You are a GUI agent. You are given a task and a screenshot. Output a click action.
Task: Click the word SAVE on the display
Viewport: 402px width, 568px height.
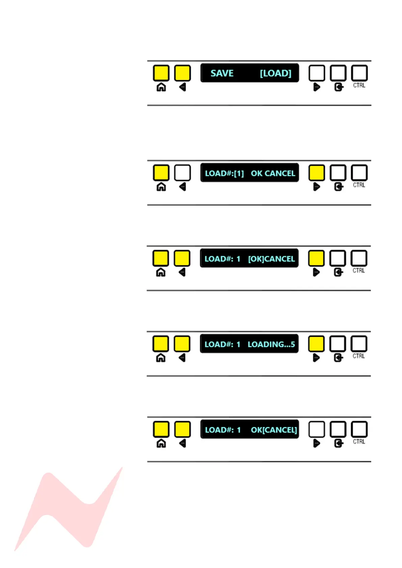222,73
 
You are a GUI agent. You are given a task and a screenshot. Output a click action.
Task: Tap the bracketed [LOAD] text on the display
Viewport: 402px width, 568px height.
275,73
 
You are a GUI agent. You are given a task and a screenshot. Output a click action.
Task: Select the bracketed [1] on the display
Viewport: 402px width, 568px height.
239,173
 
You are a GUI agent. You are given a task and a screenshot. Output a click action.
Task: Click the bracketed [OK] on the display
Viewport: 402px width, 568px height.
256,259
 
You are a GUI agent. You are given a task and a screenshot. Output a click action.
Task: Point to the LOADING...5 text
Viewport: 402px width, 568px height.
271,344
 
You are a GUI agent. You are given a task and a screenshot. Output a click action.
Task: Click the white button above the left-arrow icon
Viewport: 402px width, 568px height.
182,173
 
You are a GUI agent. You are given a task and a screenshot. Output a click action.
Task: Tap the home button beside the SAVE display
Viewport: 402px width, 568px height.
161,73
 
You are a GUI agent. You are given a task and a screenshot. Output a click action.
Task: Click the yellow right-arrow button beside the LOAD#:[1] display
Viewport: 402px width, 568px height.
317,173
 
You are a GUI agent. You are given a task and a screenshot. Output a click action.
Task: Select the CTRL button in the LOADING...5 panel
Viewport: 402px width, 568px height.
359,344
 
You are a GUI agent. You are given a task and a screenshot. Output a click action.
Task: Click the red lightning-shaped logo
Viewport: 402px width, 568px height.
68,509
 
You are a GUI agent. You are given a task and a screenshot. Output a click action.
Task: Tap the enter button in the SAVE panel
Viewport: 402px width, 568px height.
338,73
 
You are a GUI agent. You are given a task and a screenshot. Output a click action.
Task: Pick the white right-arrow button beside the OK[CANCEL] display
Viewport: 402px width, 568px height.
317,429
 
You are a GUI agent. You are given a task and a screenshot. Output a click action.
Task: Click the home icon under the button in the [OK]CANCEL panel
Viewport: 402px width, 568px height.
161,272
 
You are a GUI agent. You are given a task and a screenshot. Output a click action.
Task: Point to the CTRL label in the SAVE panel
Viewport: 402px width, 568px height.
359,86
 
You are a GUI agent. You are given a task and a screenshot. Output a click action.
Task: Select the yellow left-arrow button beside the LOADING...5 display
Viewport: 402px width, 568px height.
182,344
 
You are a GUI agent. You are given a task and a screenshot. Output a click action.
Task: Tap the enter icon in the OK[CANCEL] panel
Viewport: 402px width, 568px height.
339,443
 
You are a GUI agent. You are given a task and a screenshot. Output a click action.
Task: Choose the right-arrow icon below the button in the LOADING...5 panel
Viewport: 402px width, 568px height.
316,358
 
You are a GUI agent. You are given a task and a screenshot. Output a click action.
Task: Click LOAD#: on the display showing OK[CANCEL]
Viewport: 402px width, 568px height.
219,430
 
